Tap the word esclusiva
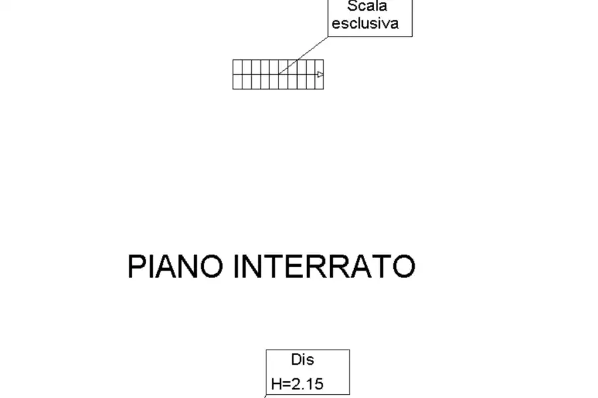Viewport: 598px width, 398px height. (365, 23)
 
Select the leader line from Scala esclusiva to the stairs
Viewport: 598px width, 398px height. (303, 55)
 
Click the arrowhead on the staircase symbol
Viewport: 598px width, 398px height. (320, 74)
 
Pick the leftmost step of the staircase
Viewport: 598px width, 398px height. (237, 74)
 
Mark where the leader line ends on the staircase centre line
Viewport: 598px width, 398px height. (279, 74)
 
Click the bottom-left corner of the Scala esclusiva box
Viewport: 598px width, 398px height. (328, 36)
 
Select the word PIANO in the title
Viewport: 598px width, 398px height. (175, 267)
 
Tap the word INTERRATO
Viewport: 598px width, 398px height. (324, 267)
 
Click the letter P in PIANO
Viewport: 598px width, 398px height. (136, 267)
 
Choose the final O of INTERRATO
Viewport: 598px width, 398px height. (404, 267)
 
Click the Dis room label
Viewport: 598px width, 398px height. (302, 360)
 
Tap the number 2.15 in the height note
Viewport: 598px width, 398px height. (308, 384)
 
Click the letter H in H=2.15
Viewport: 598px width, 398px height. (276, 384)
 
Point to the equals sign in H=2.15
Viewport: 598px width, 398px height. (286, 384)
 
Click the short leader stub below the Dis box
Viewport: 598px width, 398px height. (265, 396)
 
